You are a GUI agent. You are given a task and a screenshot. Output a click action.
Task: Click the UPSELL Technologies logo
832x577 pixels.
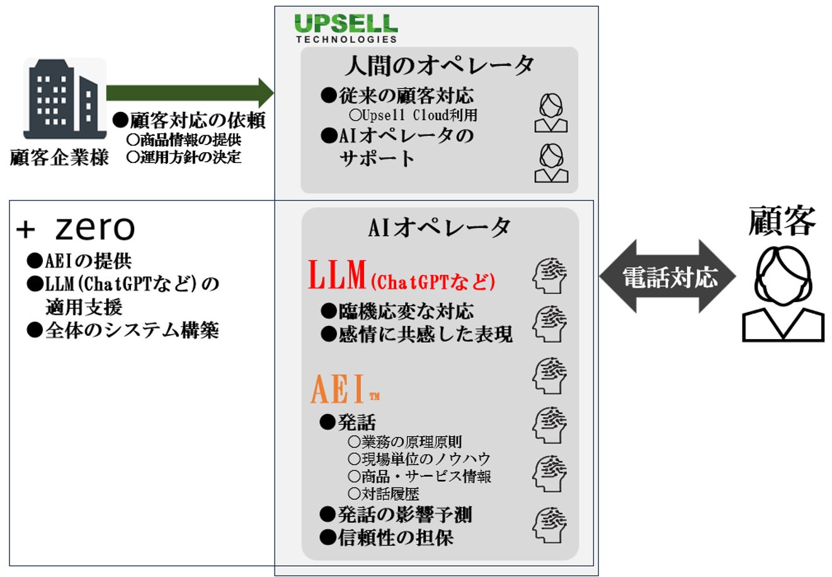pyautogui.click(x=346, y=28)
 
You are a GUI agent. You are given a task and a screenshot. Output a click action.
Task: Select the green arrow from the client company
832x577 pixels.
pyautogui.click(x=190, y=93)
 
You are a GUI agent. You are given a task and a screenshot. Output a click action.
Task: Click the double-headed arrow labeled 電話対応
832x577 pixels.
pyautogui.click(x=668, y=277)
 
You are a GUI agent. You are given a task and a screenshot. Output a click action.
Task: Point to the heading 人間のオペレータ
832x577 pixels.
pyautogui.click(x=438, y=65)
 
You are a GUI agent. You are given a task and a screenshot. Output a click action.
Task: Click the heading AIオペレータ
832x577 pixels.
pyautogui.click(x=439, y=228)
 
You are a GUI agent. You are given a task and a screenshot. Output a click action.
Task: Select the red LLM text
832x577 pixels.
pyautogui.click(x=338, y=276)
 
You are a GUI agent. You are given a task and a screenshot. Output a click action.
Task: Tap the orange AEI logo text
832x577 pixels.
pyautogui.click(x=340, y=390)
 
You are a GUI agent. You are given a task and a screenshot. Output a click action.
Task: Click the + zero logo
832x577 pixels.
pyautogui.click(x=76, y=229)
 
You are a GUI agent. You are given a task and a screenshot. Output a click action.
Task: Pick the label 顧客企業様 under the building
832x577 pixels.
pyautogui.click(x=60, y=157)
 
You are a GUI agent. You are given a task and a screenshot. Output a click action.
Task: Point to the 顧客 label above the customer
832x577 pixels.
pyautogui.click(x=782, y=221)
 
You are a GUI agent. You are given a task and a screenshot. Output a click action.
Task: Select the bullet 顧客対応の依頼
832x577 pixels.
pyautogui.click(x=189, y=120)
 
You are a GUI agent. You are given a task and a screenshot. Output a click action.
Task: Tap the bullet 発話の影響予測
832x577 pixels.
pyautogui.click(x=396, y=515)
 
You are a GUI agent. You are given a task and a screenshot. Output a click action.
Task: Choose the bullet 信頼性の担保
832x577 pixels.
pyautogui.click(x=387, y=537)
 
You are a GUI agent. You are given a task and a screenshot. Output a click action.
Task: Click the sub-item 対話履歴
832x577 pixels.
pyautogui.click(x=384, y=494)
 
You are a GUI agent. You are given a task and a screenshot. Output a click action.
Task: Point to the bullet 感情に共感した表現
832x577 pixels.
pyautogui.click(x=417, y=334)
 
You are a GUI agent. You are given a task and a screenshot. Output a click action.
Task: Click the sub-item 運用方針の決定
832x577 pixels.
pyautogui.click(x=184, y=157)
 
